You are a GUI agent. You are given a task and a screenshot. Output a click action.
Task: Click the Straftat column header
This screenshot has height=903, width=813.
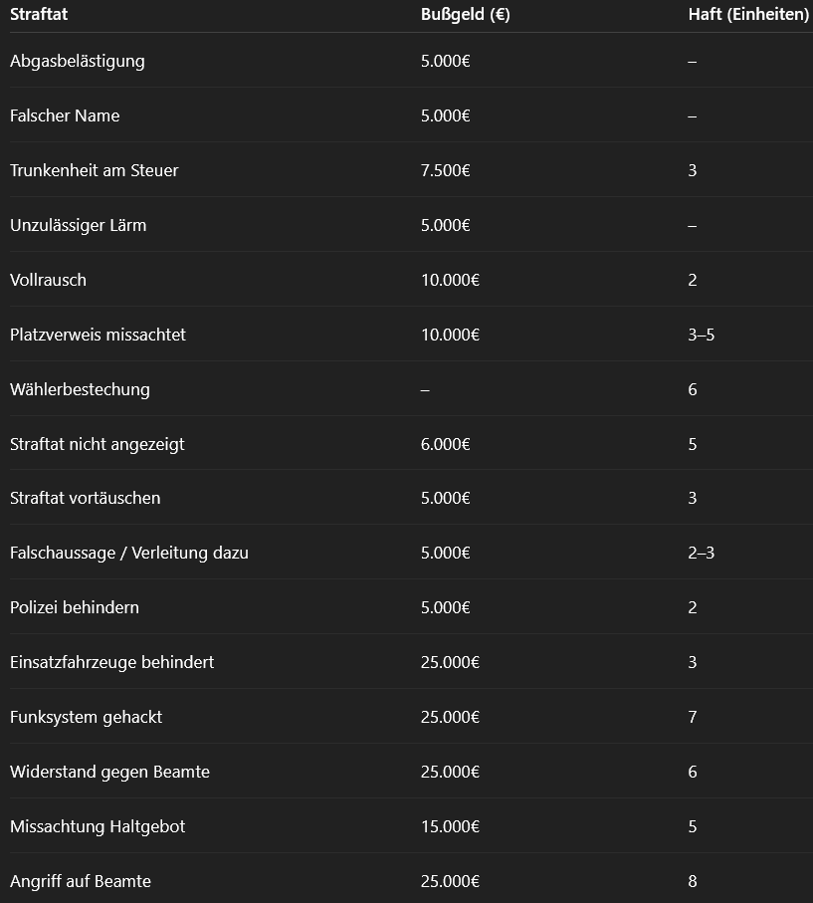pyautogui.click(x=39, y=15)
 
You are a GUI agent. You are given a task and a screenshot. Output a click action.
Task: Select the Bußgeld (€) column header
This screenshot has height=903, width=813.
pyautogui.click(x=465, y=15)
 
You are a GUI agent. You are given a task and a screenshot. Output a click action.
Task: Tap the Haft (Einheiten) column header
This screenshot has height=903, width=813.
pyautogui.click(x=748, y=15)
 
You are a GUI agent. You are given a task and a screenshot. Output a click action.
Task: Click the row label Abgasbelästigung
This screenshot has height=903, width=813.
pyautogui.click(x=77, y=61)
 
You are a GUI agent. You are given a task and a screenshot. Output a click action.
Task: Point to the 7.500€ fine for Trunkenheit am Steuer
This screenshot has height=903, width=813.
pyautogui.click(x=445, y=170)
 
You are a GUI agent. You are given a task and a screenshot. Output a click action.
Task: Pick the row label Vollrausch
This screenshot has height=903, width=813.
pyautogui.click(x=48, y=280)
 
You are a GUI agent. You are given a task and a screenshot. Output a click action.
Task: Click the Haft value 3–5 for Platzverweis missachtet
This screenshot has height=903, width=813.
pyautogui.click(x=701, y=335)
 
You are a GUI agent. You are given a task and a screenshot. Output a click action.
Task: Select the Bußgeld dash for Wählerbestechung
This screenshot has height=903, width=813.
pyautogui.click(x=425, y=389)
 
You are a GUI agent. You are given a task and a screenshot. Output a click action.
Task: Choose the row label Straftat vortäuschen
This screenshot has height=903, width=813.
pyautogui.click(x=85, y=498)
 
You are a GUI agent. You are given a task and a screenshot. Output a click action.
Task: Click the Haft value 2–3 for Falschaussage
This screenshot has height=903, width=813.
pyautogui.click(x=701, y=553)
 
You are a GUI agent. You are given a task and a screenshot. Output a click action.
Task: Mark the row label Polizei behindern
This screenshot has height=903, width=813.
pyautogui.click(x=74, y=607)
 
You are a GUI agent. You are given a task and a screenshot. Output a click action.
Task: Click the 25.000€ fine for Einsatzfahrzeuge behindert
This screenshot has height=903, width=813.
pyautogui.click(x=450, y=662)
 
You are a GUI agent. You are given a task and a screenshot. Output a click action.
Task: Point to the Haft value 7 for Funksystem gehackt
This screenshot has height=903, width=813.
pyautogui.click(x=693, y=717)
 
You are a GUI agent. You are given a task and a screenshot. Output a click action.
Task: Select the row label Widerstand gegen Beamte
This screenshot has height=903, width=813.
pyautogui.click(x=109, y=772)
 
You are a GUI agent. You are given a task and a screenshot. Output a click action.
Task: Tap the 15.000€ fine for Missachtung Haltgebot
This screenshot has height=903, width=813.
pyautogui.click(x=450, y=826)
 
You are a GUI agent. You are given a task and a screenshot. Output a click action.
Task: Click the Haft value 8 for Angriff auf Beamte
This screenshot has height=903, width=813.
pyautogui.click(x=693, y=881)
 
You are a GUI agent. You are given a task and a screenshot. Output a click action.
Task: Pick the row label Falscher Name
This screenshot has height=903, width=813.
pyautogui.click(x=65, y=115)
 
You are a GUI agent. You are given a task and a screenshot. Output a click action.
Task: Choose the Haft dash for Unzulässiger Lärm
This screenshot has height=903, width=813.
pyautogui.click(x=692, y=225)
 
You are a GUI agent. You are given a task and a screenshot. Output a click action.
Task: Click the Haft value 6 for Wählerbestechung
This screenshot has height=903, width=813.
pyautogui.click(x=693, y=389)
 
